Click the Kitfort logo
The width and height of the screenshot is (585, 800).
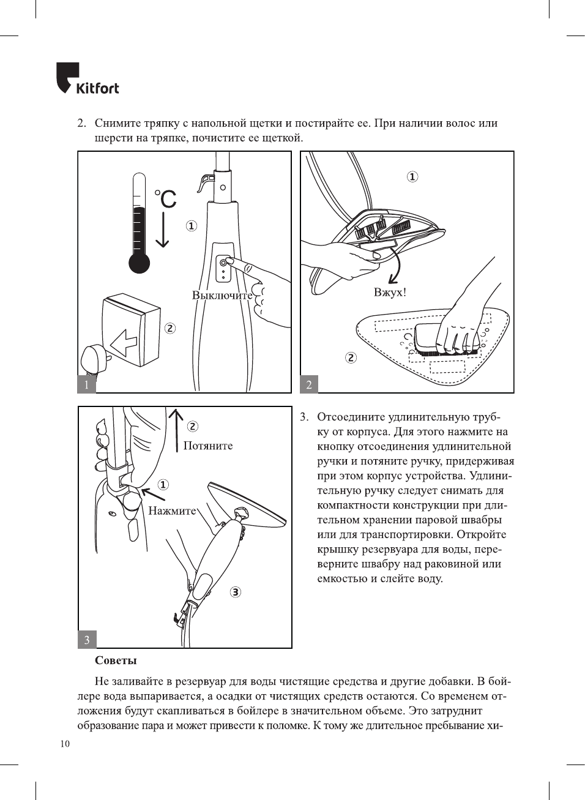[88, 79]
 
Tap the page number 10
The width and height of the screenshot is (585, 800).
[65, 744]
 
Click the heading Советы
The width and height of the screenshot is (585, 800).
[116, 660]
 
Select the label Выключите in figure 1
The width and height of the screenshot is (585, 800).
[222, 295]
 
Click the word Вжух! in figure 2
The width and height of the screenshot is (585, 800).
[390, 292]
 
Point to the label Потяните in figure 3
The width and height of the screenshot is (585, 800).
[208, 446]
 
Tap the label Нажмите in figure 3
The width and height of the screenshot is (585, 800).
[172, 510]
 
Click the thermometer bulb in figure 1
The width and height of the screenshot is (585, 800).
[140, 263]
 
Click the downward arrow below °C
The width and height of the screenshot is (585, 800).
[162, 230]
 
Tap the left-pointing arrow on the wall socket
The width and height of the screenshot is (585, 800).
[124, 343]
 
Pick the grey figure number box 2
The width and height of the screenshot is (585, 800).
[309, 384]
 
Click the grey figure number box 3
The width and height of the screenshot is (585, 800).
[87, 640]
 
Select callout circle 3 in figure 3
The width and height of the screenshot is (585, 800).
[236, 592]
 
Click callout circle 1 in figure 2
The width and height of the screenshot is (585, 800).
[412, 177]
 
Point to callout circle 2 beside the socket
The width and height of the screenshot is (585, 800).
[170, 328]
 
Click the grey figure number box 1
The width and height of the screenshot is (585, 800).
[86, 384]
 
